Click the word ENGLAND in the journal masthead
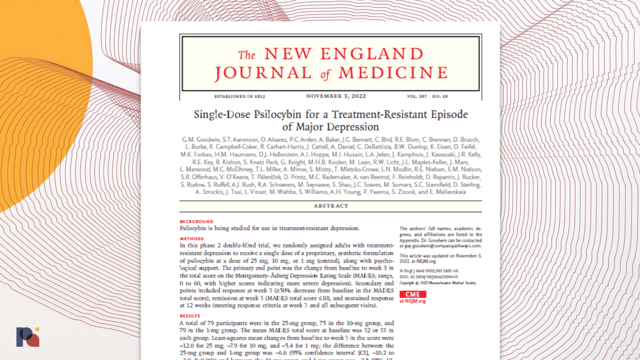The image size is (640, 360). tap(372, 54)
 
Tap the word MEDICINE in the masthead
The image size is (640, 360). tap(393, 73)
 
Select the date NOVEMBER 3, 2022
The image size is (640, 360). tap(336, 96)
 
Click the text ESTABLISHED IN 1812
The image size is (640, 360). tap(240, 96)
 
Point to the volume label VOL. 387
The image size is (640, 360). tap(417, 96)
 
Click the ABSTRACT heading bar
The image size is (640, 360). tap(331, 206)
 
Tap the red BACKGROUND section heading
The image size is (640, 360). tap(196, 221)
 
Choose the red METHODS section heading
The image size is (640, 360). tap(192, 239)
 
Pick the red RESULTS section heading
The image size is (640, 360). tap(190, 316)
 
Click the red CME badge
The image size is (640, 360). tap(412, 294)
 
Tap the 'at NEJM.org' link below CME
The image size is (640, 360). tap(412, 301)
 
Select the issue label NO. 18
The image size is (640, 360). tap(440, 96)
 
